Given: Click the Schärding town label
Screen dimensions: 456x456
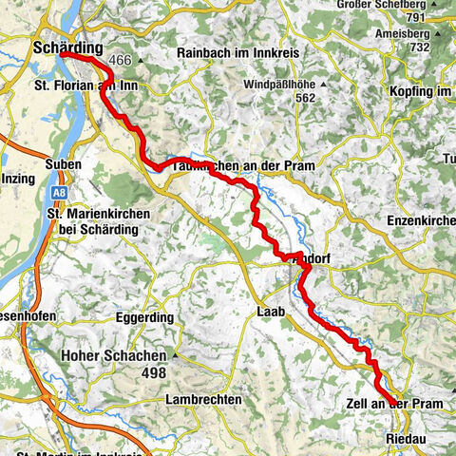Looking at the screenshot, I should (66, 46).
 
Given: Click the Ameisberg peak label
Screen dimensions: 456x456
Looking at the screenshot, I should (414, 31).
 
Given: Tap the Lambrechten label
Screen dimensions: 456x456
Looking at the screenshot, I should (202, 400).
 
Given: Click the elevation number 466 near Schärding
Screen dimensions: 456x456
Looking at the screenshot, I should (120, 60).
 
